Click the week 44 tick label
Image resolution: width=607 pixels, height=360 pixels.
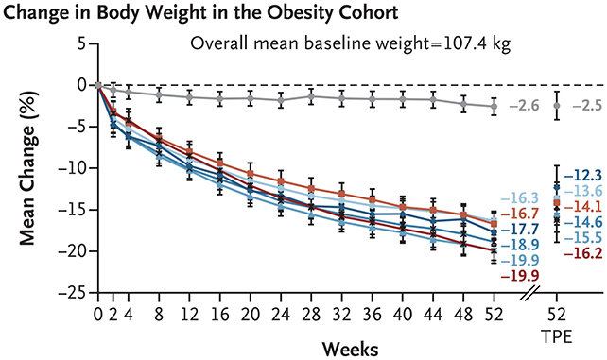pos(433,312)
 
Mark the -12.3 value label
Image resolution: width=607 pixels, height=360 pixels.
pos(582,175)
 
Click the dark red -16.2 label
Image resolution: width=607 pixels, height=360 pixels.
pos(582,253)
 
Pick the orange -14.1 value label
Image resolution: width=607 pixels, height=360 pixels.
pos(582,206)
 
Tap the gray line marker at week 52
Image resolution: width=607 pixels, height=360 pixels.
pos(494,107)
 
